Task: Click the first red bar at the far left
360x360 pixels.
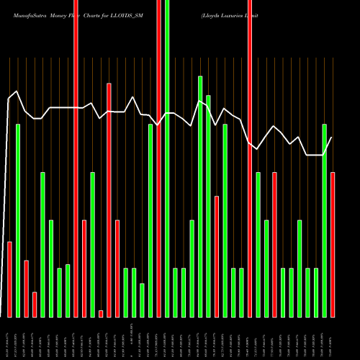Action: click(x=9, y=279)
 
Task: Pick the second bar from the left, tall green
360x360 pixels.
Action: click(x=18, y=220)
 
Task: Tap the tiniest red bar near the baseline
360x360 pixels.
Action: click(x=101, y=313)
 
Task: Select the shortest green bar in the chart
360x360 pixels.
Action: click(x=143, y=300)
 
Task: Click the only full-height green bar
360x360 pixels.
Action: click(x=167, y=158)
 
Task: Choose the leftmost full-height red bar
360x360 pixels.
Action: click(x=76, y=158)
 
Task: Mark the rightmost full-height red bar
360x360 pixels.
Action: click(x=250, y=158)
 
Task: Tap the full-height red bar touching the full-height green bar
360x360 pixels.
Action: click(x=159, y=158)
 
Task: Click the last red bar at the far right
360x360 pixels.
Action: click(x=333, y=245)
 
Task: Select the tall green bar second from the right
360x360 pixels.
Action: click(x=325, y=220)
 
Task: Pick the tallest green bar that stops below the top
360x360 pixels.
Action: click(x=200, y=196)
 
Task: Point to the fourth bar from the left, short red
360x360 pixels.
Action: click(x=35, y=305)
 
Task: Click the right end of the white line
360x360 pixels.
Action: click(x=331, y=138)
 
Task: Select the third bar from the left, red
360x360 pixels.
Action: click(x=26, y=288)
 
